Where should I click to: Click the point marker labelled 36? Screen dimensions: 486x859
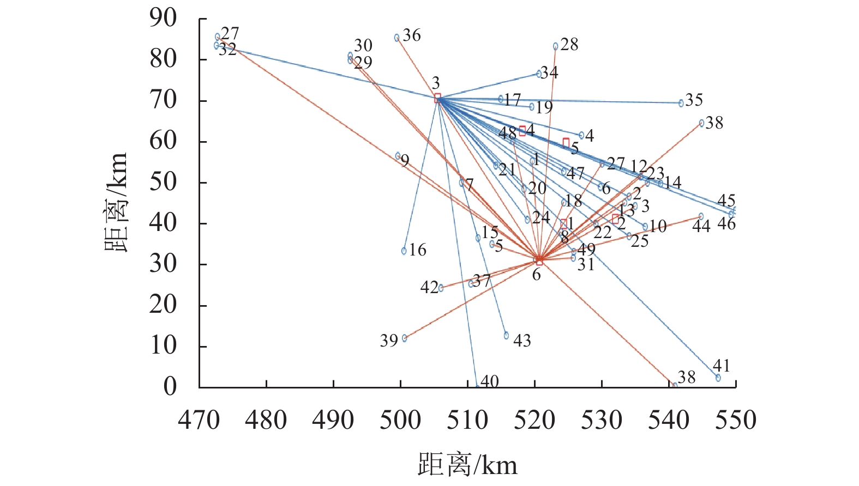(x=397, y=38)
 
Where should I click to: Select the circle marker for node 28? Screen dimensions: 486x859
(x=555, y=46)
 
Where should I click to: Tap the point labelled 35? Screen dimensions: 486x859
(x=681, y=102)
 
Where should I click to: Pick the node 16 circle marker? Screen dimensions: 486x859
(x=404, y=251)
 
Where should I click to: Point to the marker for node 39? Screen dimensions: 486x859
(x=404, y=338)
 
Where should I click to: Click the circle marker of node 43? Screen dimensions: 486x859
(x=506, y=336)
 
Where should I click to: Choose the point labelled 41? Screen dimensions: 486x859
(x=718, y=377)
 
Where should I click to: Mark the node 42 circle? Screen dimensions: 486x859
(x=441, y=288)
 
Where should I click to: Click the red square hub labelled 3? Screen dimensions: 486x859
(x=437, y=98)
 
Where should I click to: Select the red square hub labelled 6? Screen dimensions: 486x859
(x=539, y=262)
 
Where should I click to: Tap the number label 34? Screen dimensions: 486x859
(x=550, y=72)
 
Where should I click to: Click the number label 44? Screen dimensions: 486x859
(x=701, y=226)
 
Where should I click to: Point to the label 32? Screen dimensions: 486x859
(x=228, y=50)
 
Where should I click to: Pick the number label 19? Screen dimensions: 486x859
(x=544, y=107)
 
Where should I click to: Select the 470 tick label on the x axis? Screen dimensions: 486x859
(x=199, y=420)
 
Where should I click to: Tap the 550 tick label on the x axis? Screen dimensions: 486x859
(x=736, y=420)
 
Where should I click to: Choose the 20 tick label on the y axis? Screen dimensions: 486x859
(x=164, y=305)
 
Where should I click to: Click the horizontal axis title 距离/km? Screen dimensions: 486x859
(x=467, y=465)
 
